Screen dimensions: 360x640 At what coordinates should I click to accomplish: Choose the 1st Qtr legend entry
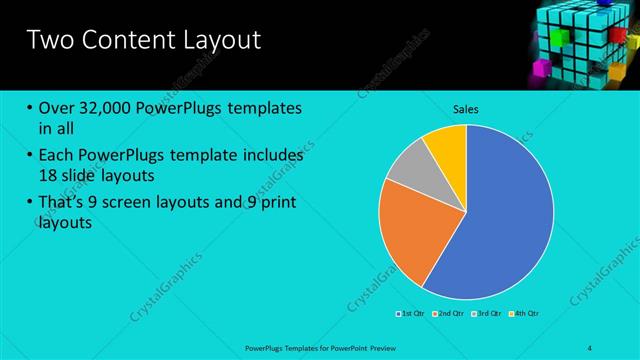(x=411, y=313)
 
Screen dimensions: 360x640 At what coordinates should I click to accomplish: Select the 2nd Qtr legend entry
(x=449, y=313)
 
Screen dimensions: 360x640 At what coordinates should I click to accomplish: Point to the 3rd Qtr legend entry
(x=487, y=313)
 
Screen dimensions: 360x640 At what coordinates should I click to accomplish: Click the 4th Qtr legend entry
(x=525, y=313)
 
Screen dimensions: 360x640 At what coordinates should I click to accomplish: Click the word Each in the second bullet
(x=56, y=156)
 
